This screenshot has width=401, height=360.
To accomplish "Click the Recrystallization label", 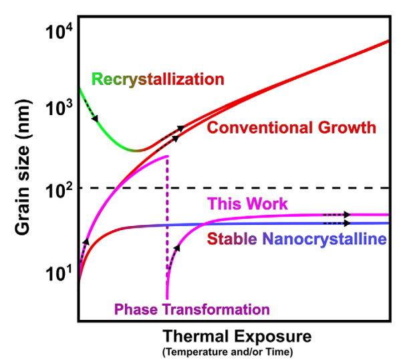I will pyautogui.click(x=158, y=79).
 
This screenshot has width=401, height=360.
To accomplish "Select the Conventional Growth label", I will pyautogui.click(x=291, y=127).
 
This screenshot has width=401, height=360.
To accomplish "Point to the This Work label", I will pyautogui.click(x=248, y=203).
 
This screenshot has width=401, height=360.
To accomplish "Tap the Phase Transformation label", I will pyautogui.click(x=192, y=308).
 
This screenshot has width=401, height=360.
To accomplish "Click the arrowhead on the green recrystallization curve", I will pyautogui.click(x=94, y=118).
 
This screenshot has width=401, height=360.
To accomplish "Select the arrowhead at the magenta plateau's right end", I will pyautogui.click(x=348, y=215).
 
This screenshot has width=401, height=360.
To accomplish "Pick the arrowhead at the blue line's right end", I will pyautogui.click(x=348, y=223).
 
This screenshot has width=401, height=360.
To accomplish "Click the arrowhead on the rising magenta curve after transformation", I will pyautogui.click(x=176, y=248).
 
